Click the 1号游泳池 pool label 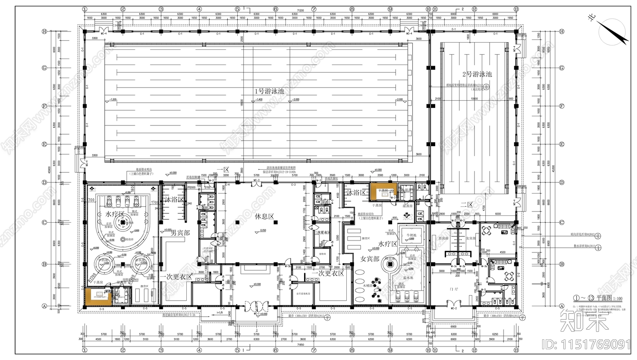pyautogui.click(x=270, y=91)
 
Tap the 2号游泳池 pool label pyautogui.click(x=477, y=74)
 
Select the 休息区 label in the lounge pyautogui.click(x=265, y=217)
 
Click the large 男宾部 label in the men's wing pyautogui.click(x=180, y=233)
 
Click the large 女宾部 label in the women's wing pyautogui.click(x=370, y=259)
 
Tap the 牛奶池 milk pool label pyautogui.click(x=411, y=235)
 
